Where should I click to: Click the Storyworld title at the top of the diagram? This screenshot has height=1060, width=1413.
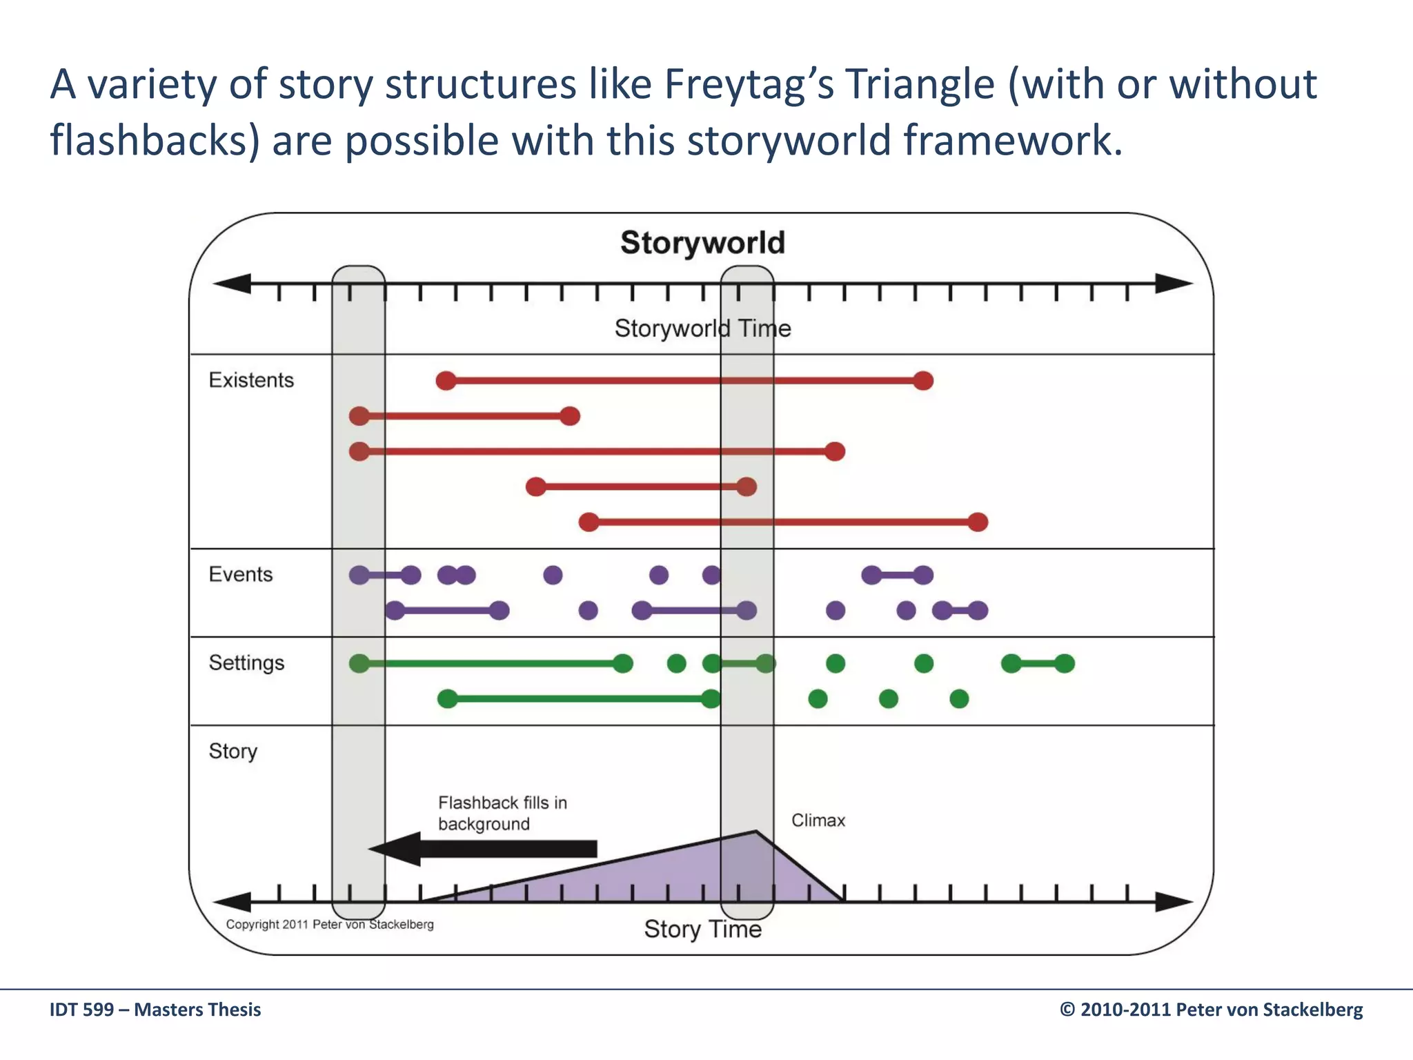pyautogui.click(x=702, y=243)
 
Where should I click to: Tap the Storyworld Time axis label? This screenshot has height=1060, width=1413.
pyautogui.click(x=702, y=328)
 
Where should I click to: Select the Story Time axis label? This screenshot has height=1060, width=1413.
pyautogui.click(x=702, y=929)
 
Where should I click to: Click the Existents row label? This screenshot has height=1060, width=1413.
pyautogui.click(x=251, y=380)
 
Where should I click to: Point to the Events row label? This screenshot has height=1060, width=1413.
pyautogui.click(x=241, y=574)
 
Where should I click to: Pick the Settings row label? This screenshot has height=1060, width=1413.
pyautogui.click(x=246, y=662)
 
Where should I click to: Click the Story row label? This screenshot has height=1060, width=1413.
pyautogui.click(x=233, y=751)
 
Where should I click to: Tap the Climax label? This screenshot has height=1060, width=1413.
pyautogui.click(x=818, y=821)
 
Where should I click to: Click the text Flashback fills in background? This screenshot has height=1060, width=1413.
pyautogui.click(x=502, y=813)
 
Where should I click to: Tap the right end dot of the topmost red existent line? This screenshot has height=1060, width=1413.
pyautogui.click(x=923, y=380)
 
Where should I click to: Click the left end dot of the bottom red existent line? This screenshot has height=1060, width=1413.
pyautogui.click(x=589, y=522)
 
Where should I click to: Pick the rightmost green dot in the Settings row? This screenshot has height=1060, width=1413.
pyautogui.click(x=1065, y=664)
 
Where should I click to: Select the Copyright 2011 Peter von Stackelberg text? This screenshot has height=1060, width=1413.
pyautogui.click(x=330, y=925)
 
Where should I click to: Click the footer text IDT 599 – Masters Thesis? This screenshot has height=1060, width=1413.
pyautogui.click(x=155, y=1010)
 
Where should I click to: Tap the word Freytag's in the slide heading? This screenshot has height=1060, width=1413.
pyautogui.click(x=749, y=84)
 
